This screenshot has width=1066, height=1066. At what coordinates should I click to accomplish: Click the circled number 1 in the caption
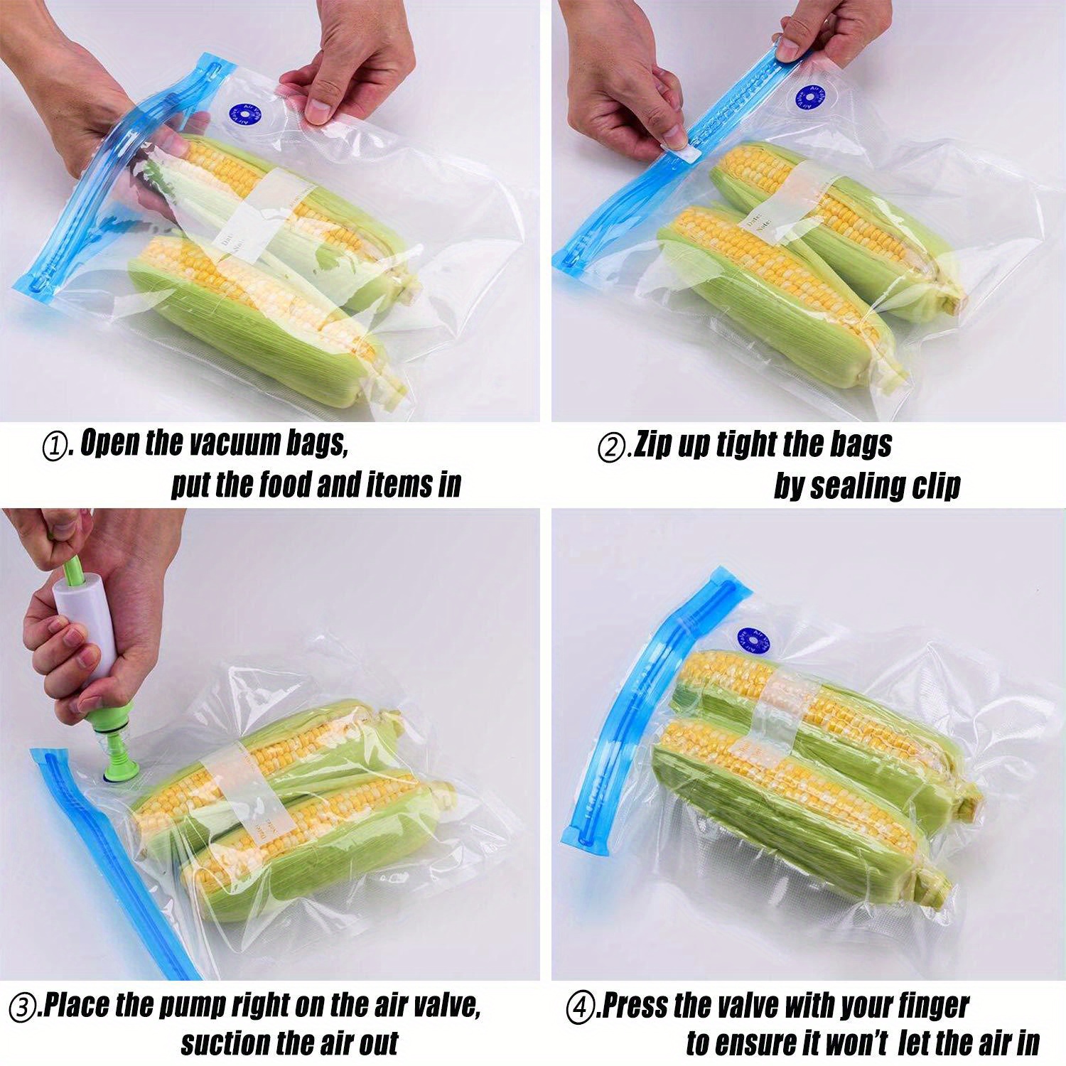tap(55, 448)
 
